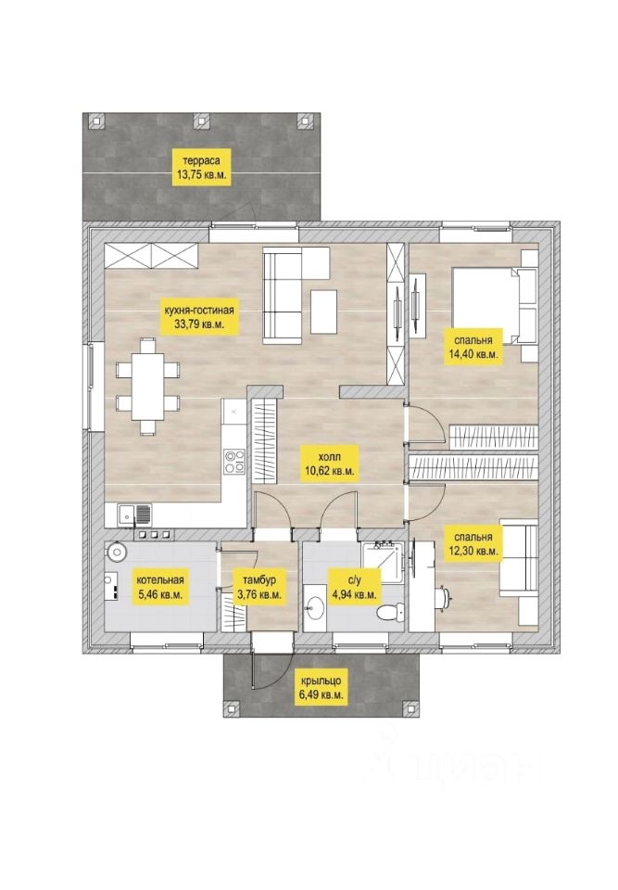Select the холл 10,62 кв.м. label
point(330,463)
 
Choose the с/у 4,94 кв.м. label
point(354,588)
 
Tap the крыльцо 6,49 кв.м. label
point(321,687)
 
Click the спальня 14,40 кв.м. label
point(473,347)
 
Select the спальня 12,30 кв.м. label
point(473,544)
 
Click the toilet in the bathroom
point(391,614)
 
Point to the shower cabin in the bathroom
point(383,563)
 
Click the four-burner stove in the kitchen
point(234,461)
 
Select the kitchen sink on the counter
point(134,515)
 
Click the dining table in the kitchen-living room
point(147,386)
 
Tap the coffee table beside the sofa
point(324,311)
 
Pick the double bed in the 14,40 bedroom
point(494,305)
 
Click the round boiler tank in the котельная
point(117,552)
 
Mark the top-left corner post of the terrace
point(98,121)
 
